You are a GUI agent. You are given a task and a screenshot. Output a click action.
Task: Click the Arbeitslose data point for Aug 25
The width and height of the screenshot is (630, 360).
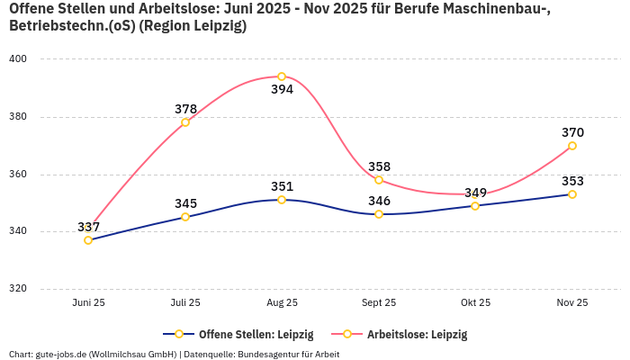282,76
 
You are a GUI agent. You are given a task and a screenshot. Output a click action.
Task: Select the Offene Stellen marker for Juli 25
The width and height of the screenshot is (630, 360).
185,217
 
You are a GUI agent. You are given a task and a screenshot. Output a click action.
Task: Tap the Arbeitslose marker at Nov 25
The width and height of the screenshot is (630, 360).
572,146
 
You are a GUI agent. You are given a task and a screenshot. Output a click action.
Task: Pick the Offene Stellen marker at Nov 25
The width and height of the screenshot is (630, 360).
572,194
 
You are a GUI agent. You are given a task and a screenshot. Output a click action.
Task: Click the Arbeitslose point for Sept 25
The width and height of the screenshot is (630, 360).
379,180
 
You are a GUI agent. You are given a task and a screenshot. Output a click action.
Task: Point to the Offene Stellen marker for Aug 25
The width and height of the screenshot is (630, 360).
282,200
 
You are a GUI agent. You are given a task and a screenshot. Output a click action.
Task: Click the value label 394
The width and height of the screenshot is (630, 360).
282,90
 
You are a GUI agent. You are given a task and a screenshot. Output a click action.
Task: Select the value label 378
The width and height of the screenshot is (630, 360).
185,109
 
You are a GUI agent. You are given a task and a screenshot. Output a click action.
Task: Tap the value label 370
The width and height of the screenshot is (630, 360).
572,132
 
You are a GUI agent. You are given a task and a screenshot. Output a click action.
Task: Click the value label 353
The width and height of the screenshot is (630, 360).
572,181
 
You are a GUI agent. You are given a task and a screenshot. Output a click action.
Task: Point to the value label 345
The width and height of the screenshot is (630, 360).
185,203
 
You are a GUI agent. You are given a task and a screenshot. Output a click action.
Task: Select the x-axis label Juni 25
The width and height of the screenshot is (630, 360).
88,303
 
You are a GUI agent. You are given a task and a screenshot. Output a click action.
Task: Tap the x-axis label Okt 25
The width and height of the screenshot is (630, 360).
475,303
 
